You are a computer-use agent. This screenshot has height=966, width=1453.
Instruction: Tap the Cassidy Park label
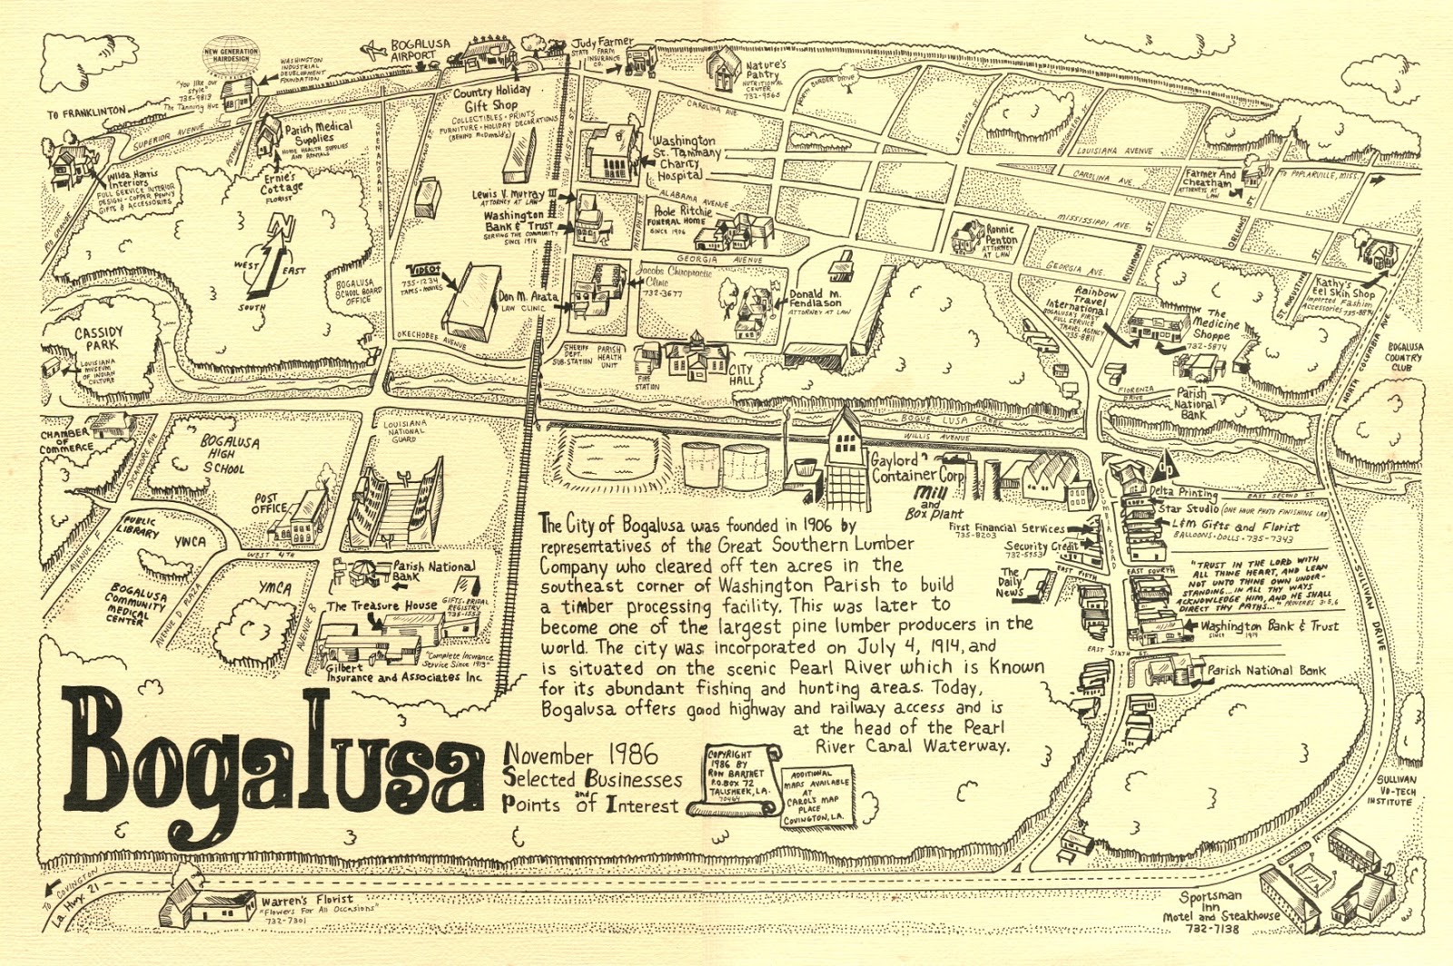(99, 339)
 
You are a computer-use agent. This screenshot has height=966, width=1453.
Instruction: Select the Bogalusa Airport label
(413, 49)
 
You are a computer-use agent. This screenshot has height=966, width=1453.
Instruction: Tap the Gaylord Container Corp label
(917, 467)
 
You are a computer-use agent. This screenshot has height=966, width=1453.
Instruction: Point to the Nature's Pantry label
(765, 72)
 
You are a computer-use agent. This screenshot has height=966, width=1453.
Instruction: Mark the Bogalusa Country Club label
(1405, 357)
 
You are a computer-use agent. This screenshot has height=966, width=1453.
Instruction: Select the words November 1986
(568, 754)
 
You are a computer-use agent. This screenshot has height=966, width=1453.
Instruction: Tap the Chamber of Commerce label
(65, 440)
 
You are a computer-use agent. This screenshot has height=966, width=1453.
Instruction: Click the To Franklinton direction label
(86, 113)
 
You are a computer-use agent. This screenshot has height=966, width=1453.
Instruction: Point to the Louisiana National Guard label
(404, 430)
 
